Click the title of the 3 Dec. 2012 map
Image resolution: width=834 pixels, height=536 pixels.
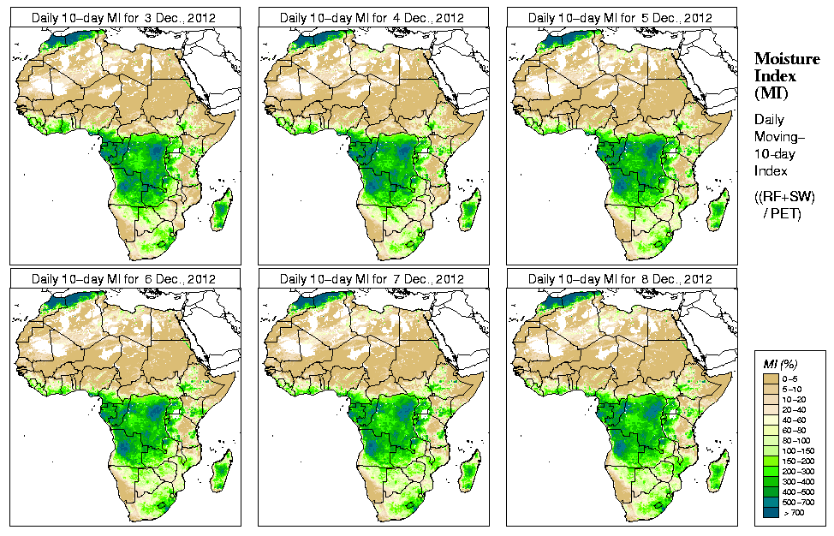123,17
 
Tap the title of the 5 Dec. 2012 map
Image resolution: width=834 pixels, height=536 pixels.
620,17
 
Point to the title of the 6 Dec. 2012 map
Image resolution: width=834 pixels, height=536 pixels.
123,279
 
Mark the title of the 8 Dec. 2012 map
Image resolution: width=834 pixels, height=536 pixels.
620,279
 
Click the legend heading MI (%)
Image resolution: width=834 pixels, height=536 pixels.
780,365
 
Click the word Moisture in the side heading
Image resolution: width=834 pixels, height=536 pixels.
783,58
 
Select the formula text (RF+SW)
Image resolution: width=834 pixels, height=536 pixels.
785,198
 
